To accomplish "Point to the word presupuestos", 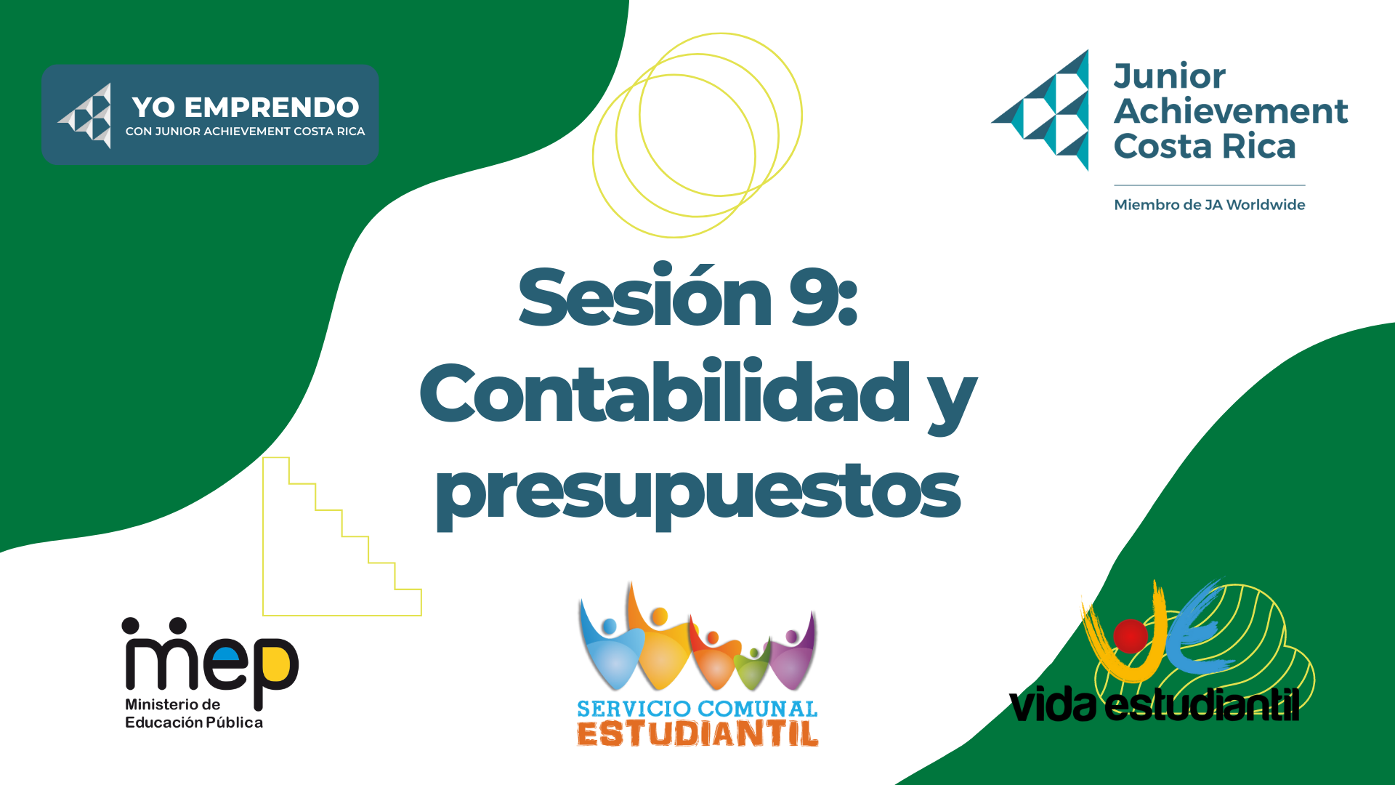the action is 697,494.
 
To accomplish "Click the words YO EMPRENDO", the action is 246,108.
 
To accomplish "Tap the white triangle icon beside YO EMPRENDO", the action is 85,116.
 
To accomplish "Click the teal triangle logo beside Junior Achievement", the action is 1040,110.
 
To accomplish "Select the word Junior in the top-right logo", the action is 1170,76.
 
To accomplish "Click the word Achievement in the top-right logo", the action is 1231,111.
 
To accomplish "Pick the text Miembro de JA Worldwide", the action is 1210,205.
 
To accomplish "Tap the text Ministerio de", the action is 173,704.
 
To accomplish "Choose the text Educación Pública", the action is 194,722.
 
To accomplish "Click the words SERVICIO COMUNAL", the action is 697,709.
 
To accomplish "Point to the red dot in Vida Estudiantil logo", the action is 1130,635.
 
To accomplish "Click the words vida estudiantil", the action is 1154,704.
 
